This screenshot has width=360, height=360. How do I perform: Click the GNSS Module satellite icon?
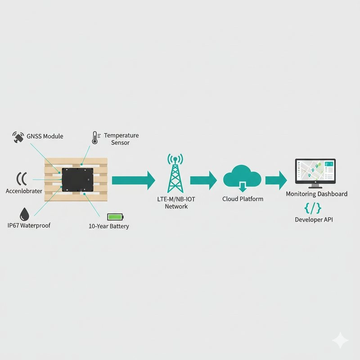(18, 137)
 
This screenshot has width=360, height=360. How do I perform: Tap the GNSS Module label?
(45, 136)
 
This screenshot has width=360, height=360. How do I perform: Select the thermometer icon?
(96, 138)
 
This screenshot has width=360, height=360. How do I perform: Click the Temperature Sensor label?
(121, 139)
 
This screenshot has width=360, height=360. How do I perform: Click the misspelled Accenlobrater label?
(24, 191)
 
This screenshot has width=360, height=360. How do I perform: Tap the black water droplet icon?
(24, 214)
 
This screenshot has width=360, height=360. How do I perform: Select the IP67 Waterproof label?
(29, 225)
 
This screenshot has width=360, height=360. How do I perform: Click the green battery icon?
(116, 217)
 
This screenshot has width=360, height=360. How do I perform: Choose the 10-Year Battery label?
(109, 226)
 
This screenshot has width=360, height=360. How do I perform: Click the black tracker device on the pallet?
(77, 180)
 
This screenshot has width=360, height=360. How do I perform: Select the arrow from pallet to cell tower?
(134, 180)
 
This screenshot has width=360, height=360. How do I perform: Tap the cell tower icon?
(175, 173)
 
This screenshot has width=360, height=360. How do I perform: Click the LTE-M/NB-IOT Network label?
(176, 203)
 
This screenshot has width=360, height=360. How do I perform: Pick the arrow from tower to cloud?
(203, 180)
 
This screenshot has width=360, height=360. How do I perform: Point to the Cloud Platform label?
(243, 199)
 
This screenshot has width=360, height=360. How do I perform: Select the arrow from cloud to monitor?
(276, 180)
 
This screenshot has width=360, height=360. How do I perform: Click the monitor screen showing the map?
(315, 171)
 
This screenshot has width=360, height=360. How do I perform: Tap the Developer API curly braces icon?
(313, 208)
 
